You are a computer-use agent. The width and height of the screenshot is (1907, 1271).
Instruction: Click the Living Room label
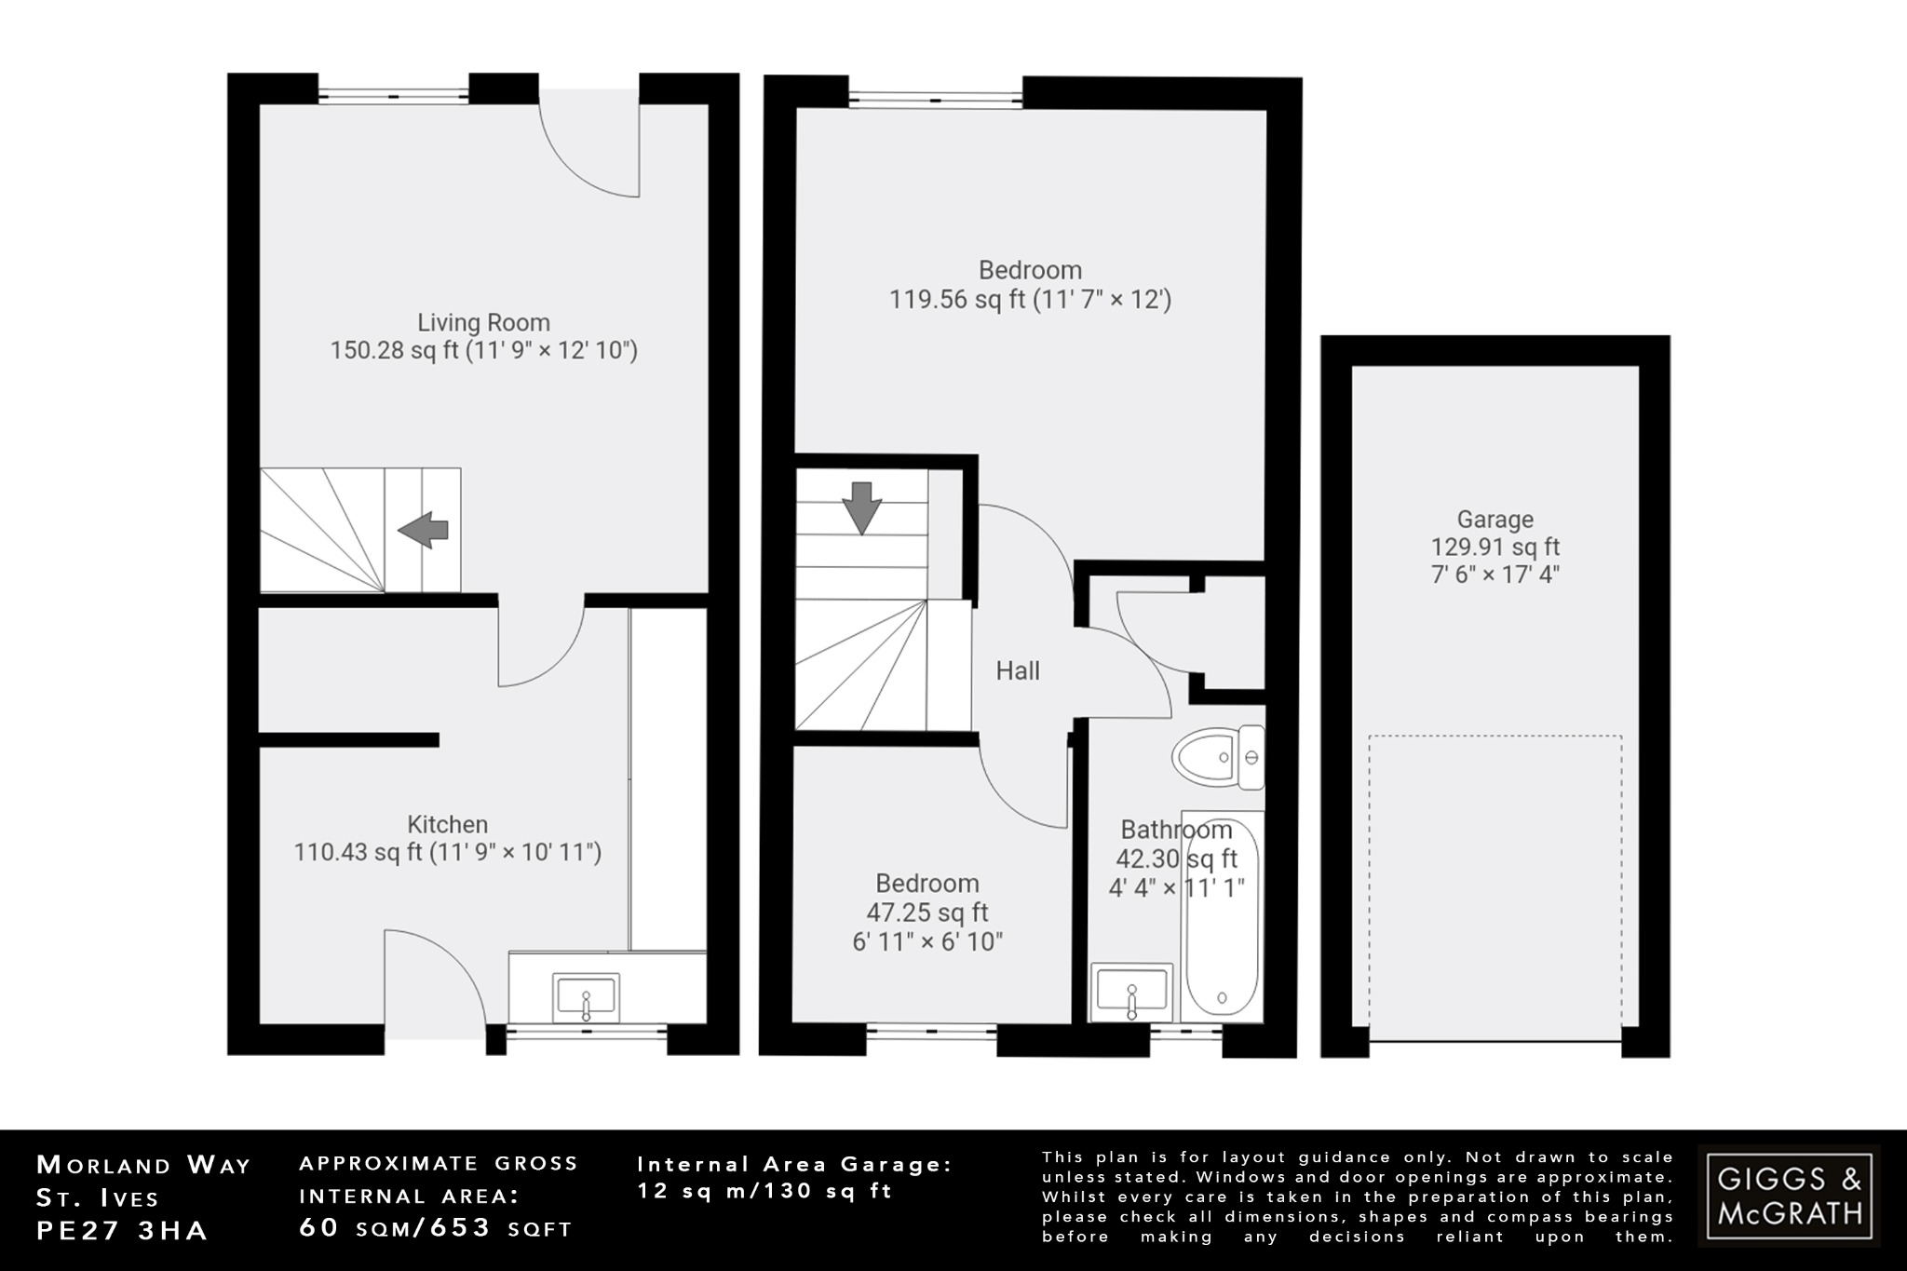pos(483,322)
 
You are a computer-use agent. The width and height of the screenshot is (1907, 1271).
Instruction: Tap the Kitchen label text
pos(447,824)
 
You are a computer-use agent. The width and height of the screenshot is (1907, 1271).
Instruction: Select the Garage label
pos(1494,520)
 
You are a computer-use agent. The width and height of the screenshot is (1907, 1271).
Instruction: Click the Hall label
pos(1017,670)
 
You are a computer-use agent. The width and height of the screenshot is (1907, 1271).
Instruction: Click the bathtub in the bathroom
pos(1220,917)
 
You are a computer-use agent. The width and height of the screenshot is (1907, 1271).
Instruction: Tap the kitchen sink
pos(586,998)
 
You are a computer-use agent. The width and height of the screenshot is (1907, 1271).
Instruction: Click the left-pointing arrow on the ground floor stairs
pos(424,530)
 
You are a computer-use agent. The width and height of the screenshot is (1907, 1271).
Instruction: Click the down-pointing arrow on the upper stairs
pos(861,507)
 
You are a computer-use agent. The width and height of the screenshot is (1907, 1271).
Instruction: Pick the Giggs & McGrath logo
pos(1789,1196)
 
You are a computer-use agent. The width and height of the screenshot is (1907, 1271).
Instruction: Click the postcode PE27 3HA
pos(122,1230)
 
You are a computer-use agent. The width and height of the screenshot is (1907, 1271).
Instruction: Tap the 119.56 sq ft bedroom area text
pos(1029,300)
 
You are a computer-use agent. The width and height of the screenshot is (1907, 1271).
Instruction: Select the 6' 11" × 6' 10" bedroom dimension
pos(927,941)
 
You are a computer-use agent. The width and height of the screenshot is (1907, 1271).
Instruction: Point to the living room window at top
pos(393,95)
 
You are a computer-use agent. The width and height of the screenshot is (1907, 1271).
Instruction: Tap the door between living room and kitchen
pos(540,642)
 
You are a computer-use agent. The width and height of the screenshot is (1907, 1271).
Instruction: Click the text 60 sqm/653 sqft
pos(435,1228)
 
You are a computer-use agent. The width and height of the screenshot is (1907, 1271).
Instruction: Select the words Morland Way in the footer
pos(143,1165)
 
